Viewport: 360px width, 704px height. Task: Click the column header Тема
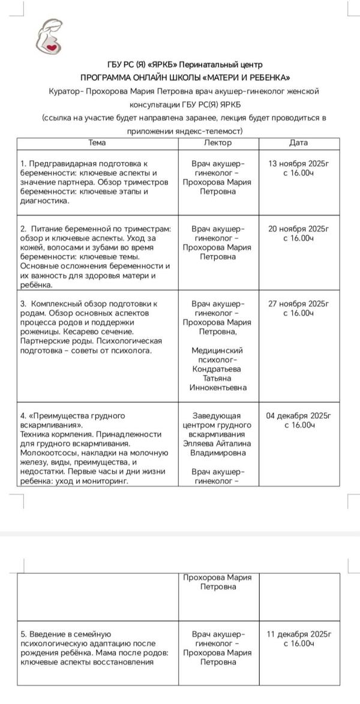pyautogui.click(x=97, y=143)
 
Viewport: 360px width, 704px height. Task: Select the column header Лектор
pyautogui.click(x=218, y=143)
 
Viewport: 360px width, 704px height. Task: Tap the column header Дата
pyautogui.click(x=298, y=143)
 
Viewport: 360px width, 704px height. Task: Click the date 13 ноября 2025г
pyautogui.click(x=298, y=163)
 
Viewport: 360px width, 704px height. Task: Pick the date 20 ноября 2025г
pyautogui.click(x=298, y=229)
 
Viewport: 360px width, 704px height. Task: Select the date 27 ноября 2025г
pyautogui.click(x=298, y=304)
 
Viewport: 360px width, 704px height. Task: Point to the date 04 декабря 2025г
pyautogui.click(x=298, y=415)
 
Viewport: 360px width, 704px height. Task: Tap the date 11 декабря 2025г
pyautogui.click(x=298, y=634)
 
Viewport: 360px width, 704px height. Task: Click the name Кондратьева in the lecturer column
pyautogui.click(x=218, y=369)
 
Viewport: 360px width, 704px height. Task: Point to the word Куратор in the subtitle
pyautogui.click(x=65, y=91)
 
